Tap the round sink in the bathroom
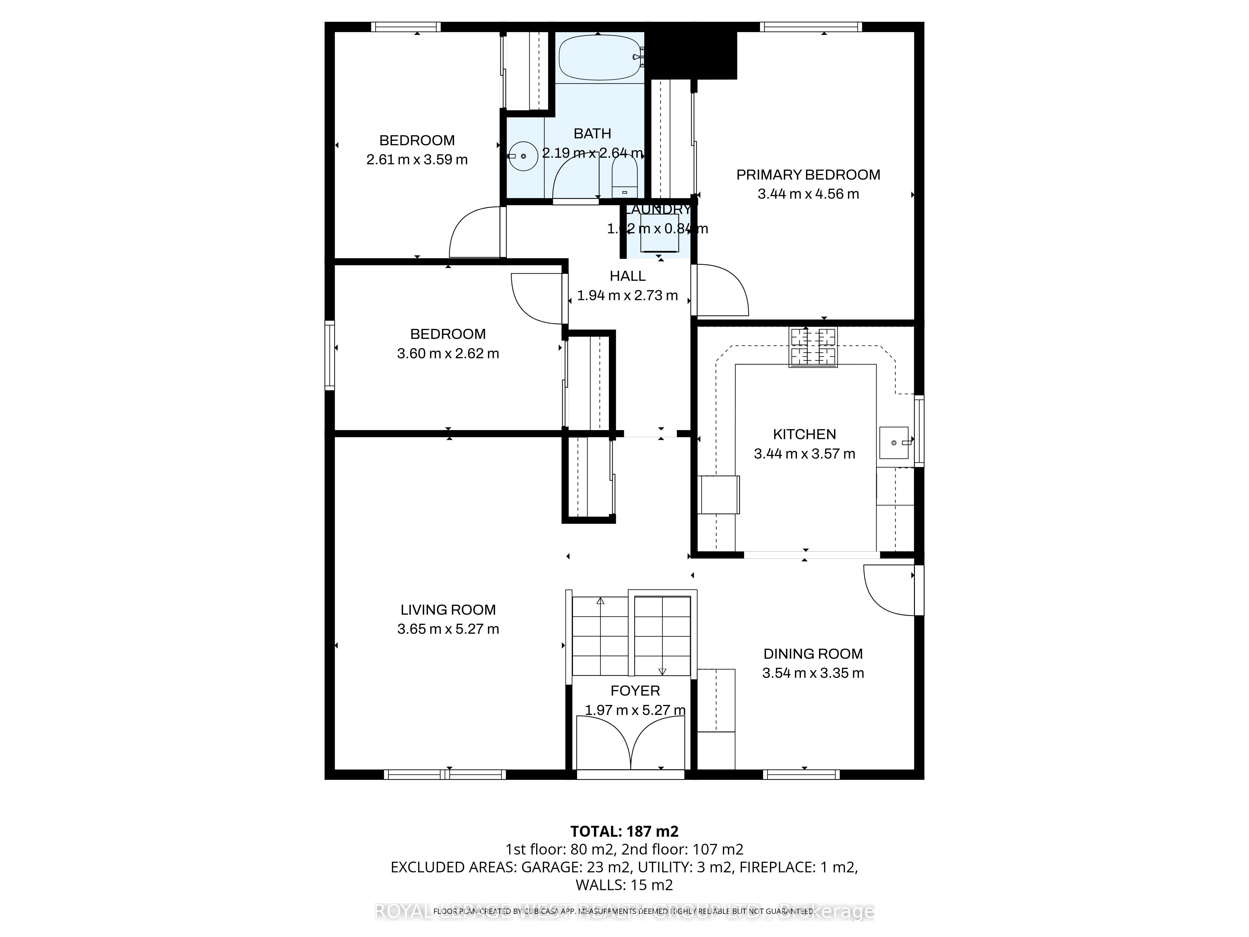523,156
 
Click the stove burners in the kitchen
813,347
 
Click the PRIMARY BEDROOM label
808,175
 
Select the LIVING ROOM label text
448,610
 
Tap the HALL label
627,276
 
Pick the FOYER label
635,691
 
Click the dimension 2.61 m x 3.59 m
417,160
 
